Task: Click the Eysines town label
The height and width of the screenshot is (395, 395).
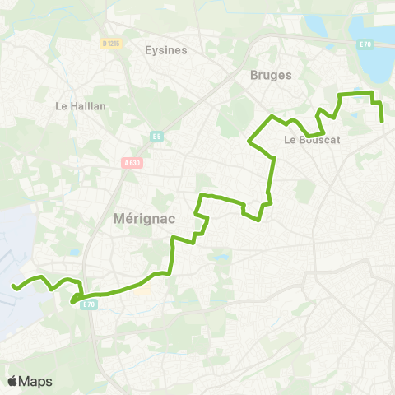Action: coord(166,49)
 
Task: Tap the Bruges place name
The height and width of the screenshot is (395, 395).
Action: coord(271,75)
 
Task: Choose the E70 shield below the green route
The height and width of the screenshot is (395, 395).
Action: coord(91,304)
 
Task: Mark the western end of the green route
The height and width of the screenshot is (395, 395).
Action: coord(13,286)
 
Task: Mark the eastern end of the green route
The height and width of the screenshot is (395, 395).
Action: coord(383,122)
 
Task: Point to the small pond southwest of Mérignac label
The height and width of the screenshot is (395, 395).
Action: coord(75,253)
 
